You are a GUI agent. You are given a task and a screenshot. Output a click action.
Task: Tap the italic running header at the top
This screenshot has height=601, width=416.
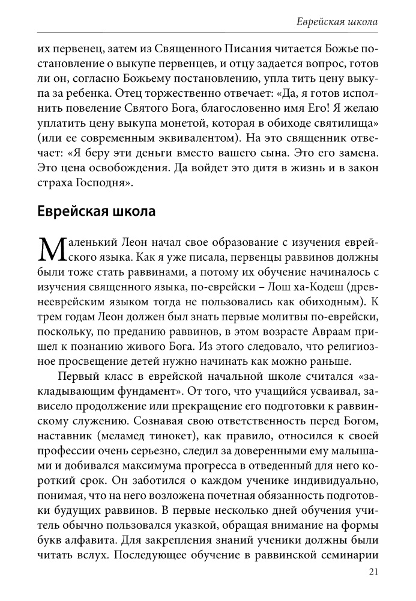(x=337, y=22)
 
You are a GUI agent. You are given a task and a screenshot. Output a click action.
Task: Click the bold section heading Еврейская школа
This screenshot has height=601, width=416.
(x=97, y=212)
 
